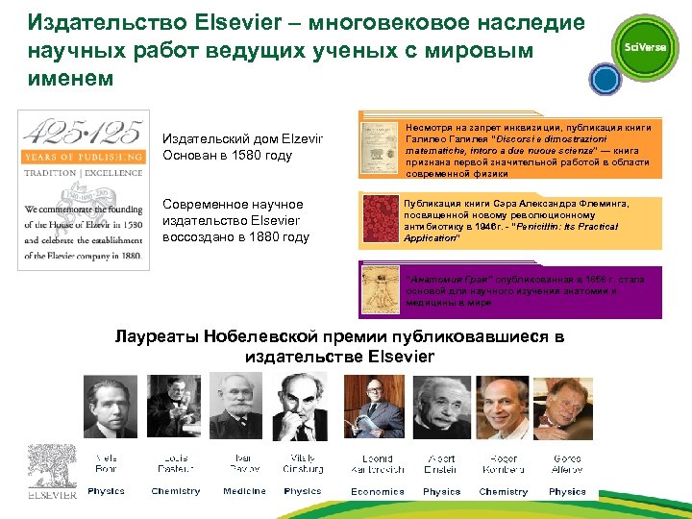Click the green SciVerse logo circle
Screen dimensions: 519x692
645,48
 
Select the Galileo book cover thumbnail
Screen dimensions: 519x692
380,146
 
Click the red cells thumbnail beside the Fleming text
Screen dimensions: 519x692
380,220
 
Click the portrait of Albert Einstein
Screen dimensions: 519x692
441,408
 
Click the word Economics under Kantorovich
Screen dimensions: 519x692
378,492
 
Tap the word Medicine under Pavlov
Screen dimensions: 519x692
244,492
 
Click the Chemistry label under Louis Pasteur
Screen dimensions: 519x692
176,492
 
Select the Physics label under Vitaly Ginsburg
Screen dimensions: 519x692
303,492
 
